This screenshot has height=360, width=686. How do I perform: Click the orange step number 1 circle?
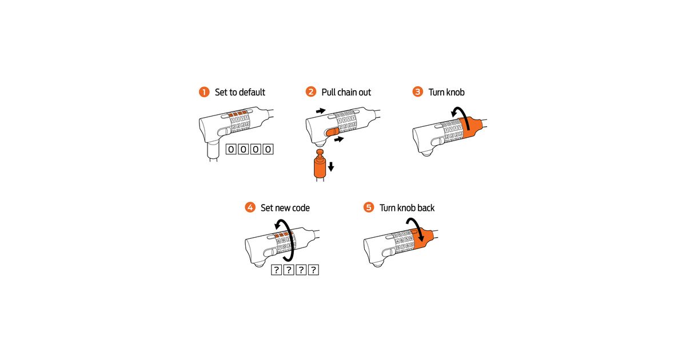coord(204,92)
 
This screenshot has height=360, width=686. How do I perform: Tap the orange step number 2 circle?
coord(311,91)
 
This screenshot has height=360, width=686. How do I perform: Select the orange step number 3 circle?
coord(418,91)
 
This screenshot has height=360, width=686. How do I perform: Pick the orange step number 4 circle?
coord(250,207)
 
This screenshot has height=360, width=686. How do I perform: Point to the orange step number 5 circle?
coord(369,207)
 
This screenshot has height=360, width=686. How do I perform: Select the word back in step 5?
coord(426,208)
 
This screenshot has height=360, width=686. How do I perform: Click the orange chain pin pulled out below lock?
coord(320,165)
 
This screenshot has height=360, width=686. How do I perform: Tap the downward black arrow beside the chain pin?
coord(331,166)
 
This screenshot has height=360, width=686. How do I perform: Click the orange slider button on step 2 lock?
coord(333,132)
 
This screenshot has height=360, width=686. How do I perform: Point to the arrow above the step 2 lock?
coord(321,111)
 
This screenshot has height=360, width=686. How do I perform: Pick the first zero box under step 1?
coord(231,149)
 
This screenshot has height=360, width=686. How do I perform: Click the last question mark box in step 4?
coord(313,270)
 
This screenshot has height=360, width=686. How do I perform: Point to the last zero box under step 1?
coord(268,149)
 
